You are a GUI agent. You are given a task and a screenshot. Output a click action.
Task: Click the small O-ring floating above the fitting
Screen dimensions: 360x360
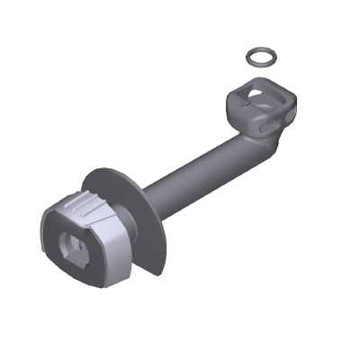261,58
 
